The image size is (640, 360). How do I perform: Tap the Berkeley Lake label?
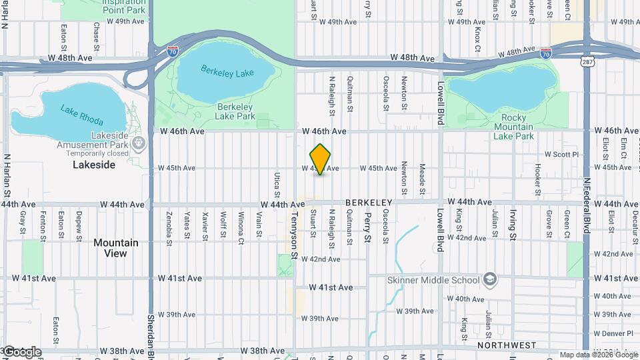tap(227, 71)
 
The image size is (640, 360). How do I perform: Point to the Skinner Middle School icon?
tap(491, 278)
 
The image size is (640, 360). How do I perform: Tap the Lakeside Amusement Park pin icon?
tap(139, 143)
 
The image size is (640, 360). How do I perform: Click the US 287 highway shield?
tap(587, 61)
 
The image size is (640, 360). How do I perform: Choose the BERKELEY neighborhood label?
tap(367, 202)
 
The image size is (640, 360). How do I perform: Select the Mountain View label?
tap(116, 248)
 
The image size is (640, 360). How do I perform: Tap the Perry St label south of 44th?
tap(367, 228)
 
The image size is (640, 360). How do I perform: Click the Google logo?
tap(21, 351)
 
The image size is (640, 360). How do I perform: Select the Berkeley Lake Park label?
tap(235, 111)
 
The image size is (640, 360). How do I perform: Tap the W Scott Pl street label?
tap(563, 154)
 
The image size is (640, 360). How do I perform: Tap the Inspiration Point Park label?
tap(124, 7)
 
